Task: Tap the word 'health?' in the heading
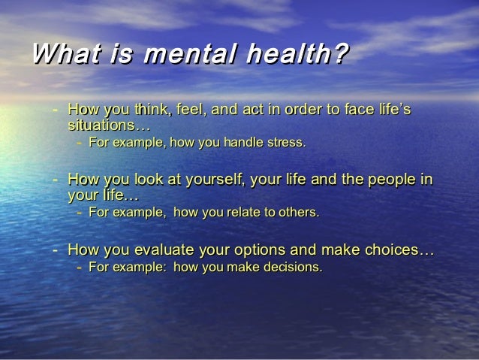coord(304,55)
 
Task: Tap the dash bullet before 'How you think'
coord(56,111)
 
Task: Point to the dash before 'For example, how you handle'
coord(79,141)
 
